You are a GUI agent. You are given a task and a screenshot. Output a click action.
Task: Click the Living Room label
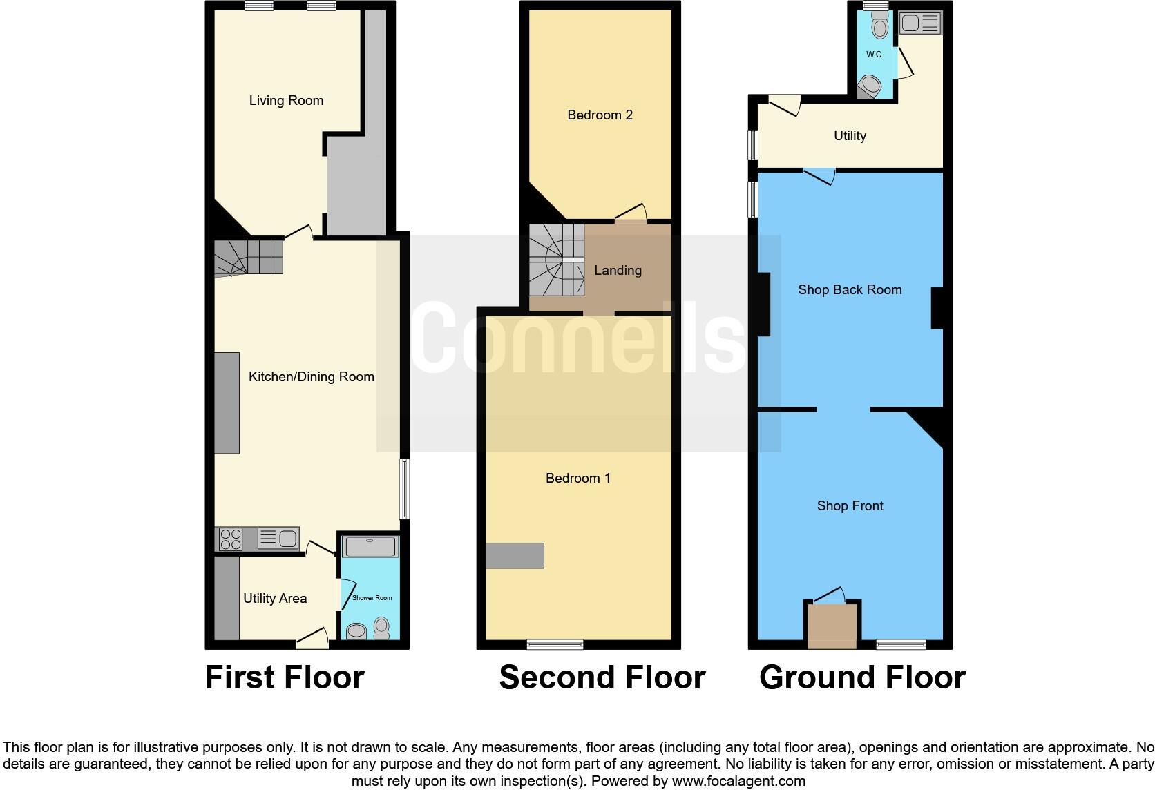pyautogui.click(x=286, y=101)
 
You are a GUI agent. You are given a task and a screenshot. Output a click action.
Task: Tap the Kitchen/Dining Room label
pyautogui.click(x=311, y=377)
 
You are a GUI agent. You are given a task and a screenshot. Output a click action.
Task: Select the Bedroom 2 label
pyautogui.click(x=600, y=115)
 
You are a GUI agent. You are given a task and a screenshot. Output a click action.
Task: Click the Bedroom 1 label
pyautogui.click(x=577, y=479)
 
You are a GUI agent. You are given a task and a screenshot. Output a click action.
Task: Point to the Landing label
pyautogui.click(x=618, y=271)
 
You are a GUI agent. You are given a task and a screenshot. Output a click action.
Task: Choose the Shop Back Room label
pyautogui.click(x=850, y=290)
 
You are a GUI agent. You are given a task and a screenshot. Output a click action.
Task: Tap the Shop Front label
pyautogui.click(x=850, y=506)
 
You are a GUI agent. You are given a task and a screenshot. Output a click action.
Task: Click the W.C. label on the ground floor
pyautogui.click(x=875, y=55)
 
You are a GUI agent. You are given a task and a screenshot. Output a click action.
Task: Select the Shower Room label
pyautogui.click(x=372, y=598)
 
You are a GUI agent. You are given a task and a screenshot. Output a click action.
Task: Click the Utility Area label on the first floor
pyautogui.click(x=274, y=599)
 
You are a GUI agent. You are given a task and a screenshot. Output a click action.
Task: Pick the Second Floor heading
pyautogui.click(x=602, y=677)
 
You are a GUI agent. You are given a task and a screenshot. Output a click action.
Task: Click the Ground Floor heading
pyautogui.click(x=862, y=677)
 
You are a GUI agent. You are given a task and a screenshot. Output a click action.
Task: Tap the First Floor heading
pyautogui.click(x=285, y=677)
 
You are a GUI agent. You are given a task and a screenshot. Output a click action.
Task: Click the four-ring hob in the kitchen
pyautogui.click(x=230, y=539)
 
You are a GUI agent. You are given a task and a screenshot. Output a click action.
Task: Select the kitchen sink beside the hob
pyautogui.click(x=278, y=538)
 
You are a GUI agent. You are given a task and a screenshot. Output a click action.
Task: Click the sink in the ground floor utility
pyautogui.click(x=920, y=23)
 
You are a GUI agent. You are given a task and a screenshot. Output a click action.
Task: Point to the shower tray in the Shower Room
pyautogui.click(x=371, y=547)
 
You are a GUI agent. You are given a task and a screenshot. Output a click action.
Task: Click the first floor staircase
pyautogui.click(x=247, y=257)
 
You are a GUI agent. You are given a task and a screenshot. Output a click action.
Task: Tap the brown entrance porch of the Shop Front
pyautogui.click(x=832, y=626)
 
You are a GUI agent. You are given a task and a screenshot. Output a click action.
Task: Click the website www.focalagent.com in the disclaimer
pyautogui.click(x=738, y=782)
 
